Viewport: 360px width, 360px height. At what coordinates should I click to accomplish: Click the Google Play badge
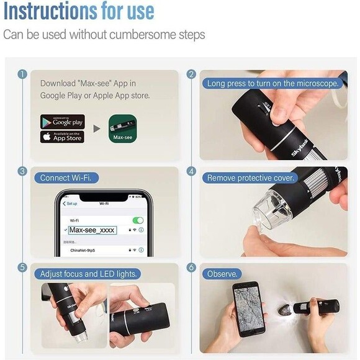pos(62,122)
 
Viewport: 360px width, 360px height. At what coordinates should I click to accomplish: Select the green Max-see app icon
pos(122,128)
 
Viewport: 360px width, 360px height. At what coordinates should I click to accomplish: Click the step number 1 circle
pos(22,74)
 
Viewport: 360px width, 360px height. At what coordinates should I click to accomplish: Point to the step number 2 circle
pos(192,74)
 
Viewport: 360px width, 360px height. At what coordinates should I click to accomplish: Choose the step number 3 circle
pos(22,171)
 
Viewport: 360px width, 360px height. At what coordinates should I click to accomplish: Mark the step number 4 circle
pos(192,171)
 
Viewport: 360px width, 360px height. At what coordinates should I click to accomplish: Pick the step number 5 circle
pos(22,268)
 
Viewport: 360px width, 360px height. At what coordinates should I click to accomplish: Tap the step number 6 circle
pos(192,268)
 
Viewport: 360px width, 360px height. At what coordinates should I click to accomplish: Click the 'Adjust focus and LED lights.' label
pos(88,274)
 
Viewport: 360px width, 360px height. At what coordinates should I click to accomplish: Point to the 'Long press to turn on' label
pos(273,83)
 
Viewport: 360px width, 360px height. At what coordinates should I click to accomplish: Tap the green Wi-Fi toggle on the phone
pos(138,220)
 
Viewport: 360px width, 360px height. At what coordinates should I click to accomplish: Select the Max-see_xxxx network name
pos(92,230)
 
